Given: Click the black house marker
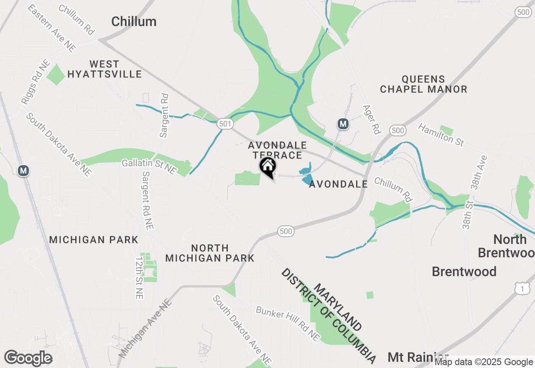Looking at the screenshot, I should pos(267,166).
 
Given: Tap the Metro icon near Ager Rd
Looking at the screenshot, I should pos(343,124).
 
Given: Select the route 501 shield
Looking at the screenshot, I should pos(225,124).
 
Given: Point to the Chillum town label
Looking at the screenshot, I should pos(134,22).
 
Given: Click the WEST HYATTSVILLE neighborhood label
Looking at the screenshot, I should pos(104,69).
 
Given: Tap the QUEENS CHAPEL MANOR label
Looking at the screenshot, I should pos(423,84).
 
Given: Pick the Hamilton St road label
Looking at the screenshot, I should pos(441,135).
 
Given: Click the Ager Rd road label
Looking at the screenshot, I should pos(372,120).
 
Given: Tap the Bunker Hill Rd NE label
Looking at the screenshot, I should pos(288,323).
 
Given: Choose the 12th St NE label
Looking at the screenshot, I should pos(139,278).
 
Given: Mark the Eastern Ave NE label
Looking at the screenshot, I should pos(52,28).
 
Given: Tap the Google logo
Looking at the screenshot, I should pos(28,358).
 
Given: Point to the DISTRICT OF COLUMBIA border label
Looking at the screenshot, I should pos(328,315).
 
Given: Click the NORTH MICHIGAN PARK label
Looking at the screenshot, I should pos(210,253).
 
